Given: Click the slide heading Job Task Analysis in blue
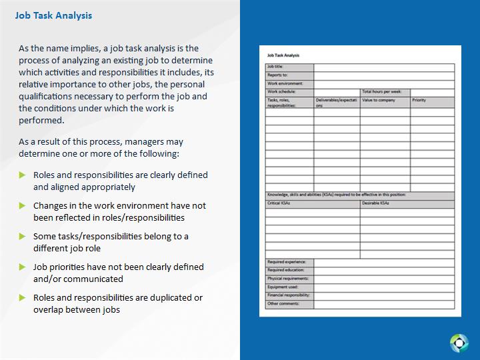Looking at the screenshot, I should click(x=53, y=15).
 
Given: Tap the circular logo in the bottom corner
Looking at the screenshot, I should click(x=459, y=343).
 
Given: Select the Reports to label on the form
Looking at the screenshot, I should click(x=277, y=75).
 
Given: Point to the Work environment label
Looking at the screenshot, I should click(x=285, y=83).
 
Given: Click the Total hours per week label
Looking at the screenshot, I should click(x=381, y=91).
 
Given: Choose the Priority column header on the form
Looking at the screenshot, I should click(x=419, y=100).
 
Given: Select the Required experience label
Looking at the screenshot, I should click(x=287, y=263).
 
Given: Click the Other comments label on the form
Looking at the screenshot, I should click(x=283, y=304).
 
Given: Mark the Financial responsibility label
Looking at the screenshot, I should click(x=288, y=295).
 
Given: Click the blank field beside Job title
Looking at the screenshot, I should click(x=384, y=67).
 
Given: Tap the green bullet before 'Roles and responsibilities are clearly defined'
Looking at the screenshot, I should click(x=23, y=175).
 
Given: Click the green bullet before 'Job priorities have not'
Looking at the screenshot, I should click(x=23, y=267).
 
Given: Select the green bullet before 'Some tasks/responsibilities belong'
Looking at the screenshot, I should click(x=23, y=237).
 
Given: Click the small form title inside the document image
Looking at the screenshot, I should click(x=283, y=55).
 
